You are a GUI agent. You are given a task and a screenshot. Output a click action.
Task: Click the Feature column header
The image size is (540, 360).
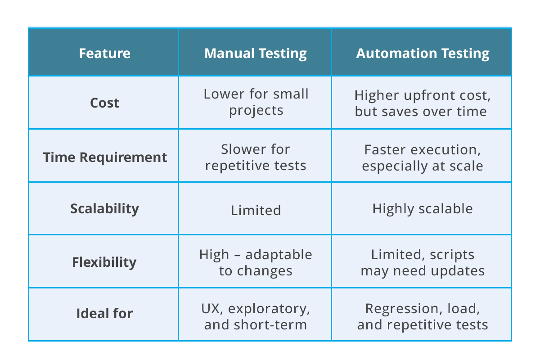pos(104,54)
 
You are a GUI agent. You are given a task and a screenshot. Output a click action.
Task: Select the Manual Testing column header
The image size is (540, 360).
pos(255,54)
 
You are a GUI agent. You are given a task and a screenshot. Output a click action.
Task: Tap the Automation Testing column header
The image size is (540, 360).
pos(423,54)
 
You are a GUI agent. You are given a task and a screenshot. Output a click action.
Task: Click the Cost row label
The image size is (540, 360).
pos(104,103)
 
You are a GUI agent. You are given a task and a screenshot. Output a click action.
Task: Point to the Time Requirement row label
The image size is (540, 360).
pos(104,157)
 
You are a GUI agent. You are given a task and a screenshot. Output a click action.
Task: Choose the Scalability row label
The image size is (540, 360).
pos(104,209)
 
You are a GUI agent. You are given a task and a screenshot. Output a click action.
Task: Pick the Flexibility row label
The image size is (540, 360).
pos(104,262)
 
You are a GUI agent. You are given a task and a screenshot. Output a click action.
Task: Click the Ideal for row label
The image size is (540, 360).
pos(104,313)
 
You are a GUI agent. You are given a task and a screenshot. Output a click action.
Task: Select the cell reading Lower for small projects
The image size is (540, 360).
pos(256,102)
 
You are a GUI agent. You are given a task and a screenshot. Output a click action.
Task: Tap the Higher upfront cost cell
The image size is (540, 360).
pos(422,103)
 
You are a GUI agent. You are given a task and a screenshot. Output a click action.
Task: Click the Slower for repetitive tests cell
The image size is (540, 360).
pos(256,157)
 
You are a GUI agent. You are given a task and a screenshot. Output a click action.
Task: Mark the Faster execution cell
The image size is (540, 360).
pos(422,157)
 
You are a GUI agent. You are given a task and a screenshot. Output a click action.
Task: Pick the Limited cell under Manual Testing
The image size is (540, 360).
pos(256,210)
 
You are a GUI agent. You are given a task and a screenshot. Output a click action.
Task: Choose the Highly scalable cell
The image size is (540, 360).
pos(422,209)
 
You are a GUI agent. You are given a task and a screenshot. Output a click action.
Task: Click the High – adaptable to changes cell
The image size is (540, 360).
pos(256,263)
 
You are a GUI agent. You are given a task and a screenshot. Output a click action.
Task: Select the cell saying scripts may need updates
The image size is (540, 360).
pos(422,263)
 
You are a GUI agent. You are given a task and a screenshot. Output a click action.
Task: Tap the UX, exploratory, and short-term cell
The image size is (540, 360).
pos(256,316)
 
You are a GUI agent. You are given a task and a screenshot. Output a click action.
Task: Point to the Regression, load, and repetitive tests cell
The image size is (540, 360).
pos(422,316)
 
